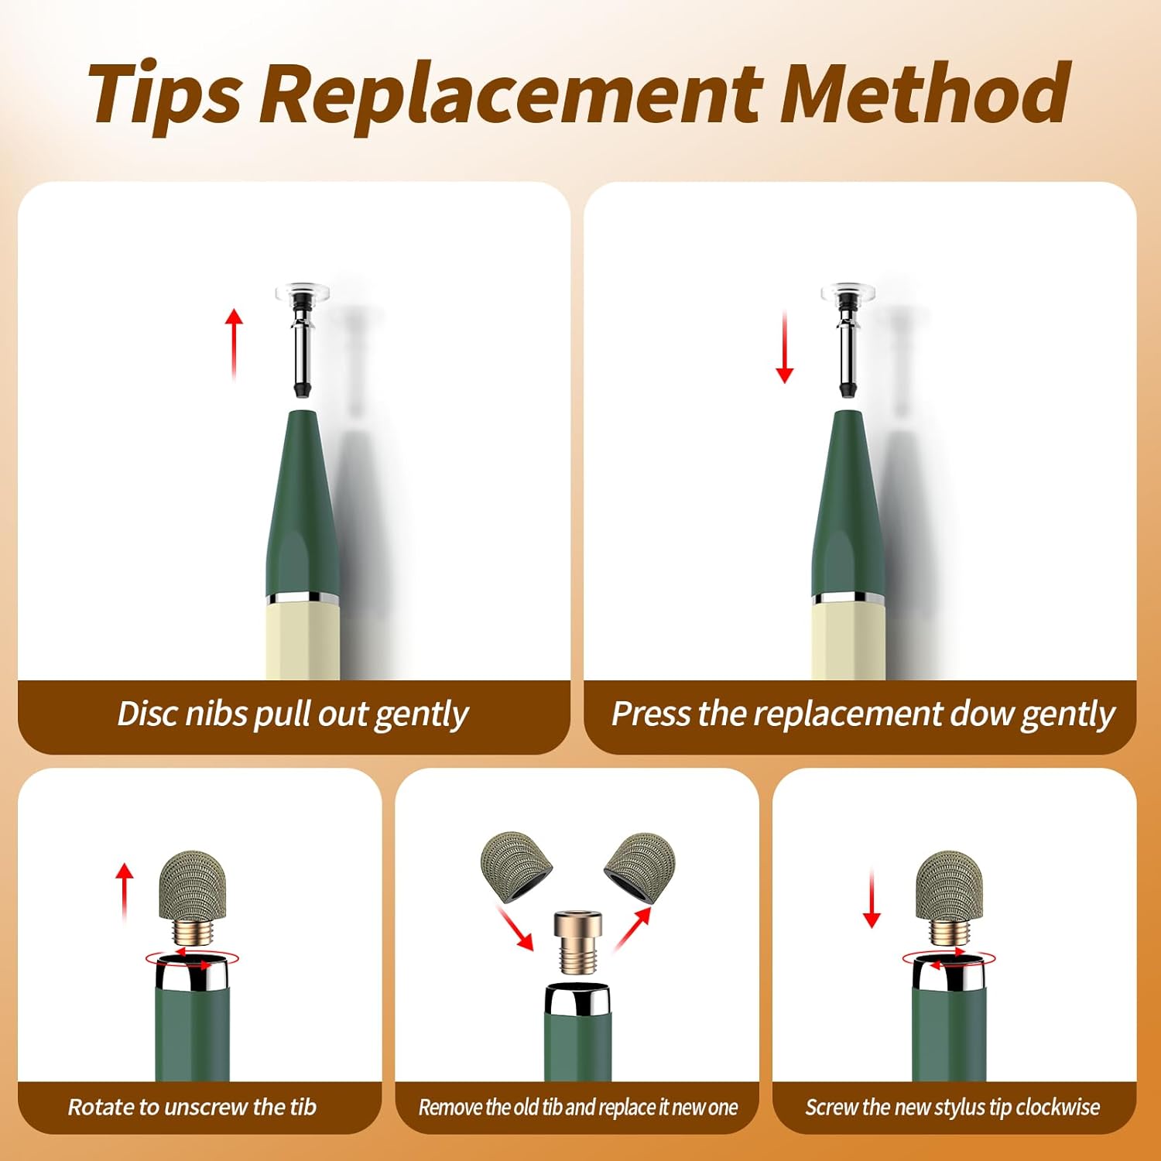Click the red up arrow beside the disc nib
235,344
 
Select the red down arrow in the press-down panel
784,348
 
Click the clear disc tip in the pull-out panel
302,293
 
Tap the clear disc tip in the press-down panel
848,293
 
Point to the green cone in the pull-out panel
303,503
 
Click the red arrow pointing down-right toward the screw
515,928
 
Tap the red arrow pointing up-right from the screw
633,929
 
